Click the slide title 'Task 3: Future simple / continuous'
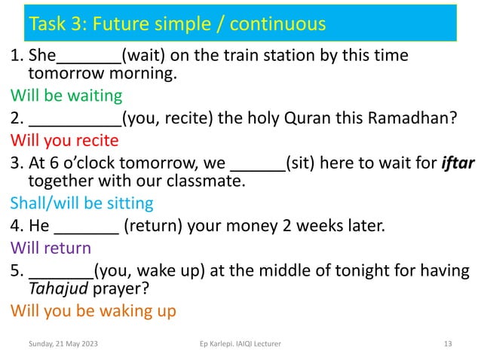(176, 24)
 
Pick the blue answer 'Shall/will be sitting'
(81, 203)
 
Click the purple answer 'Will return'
(51, 247)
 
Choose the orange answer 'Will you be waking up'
(93, 310)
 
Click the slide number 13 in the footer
(448, 344)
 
